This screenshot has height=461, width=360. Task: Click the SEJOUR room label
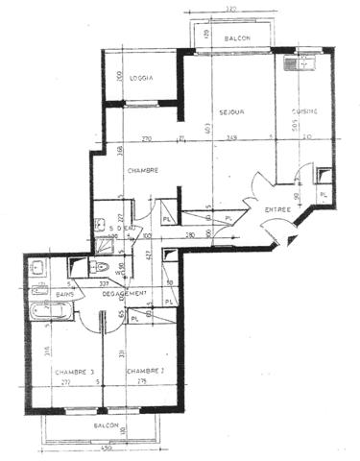pos(231,111)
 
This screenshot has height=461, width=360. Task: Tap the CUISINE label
pos(306,111)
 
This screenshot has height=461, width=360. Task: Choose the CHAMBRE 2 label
pos(144,372)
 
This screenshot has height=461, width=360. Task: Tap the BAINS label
pos(65,293)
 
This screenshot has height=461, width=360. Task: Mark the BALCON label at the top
pos(237,39)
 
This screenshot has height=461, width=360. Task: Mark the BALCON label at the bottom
pos(106,424)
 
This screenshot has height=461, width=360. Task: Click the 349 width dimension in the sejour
pos(232,139)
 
